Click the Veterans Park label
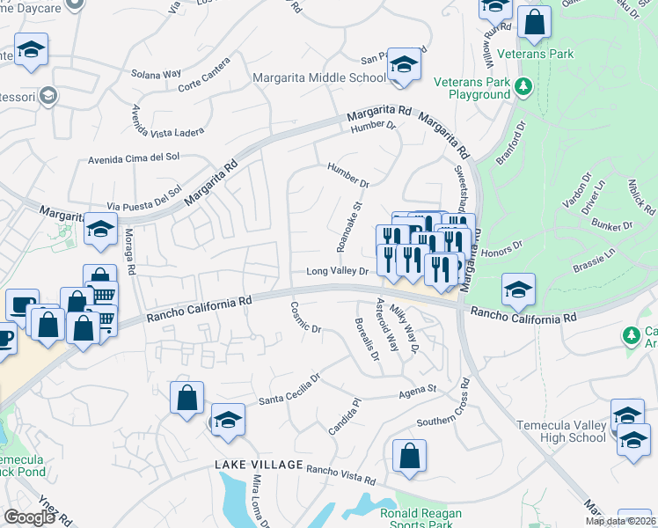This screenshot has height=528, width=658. point(535,54)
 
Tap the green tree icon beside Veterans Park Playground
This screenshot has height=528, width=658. point(523,86)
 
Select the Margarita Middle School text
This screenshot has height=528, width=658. point(318,77)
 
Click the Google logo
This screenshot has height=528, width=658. point(30,517)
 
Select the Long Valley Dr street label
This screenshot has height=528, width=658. point(337,272)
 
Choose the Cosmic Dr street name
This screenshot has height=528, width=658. point(306,318)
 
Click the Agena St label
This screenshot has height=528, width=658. point(420,389)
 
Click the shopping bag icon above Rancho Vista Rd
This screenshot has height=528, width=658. point(409,456)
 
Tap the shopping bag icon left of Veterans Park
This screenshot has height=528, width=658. point(534,22)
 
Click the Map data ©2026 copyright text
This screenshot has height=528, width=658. point(619,521)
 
